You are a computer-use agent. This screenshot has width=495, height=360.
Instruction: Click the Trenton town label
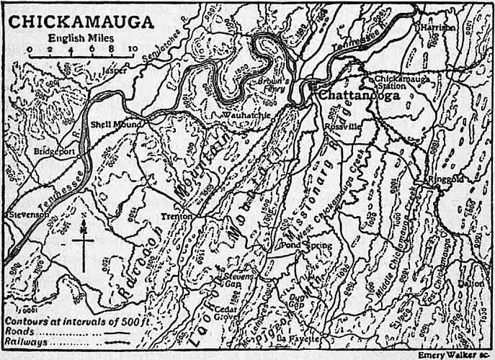click(177, 215)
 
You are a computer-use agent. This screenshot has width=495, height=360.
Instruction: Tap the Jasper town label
click(114, 71)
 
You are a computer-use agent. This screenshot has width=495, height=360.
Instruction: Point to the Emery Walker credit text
click(453, 354)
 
